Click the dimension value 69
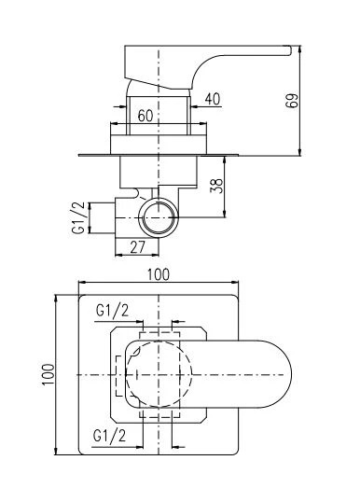[x=292, y=101]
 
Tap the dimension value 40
[x=213, y=99]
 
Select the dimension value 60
[x=145, y=116]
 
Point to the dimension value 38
[x=216, y=186]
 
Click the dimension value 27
[x=138, y=247]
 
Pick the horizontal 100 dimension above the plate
[x=159, y=274]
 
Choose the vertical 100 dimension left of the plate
[x=48, y=375]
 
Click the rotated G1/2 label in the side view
[x=78, y=217]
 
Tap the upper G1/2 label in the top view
[x=112, y=310]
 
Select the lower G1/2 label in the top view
[x=109, y=436]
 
